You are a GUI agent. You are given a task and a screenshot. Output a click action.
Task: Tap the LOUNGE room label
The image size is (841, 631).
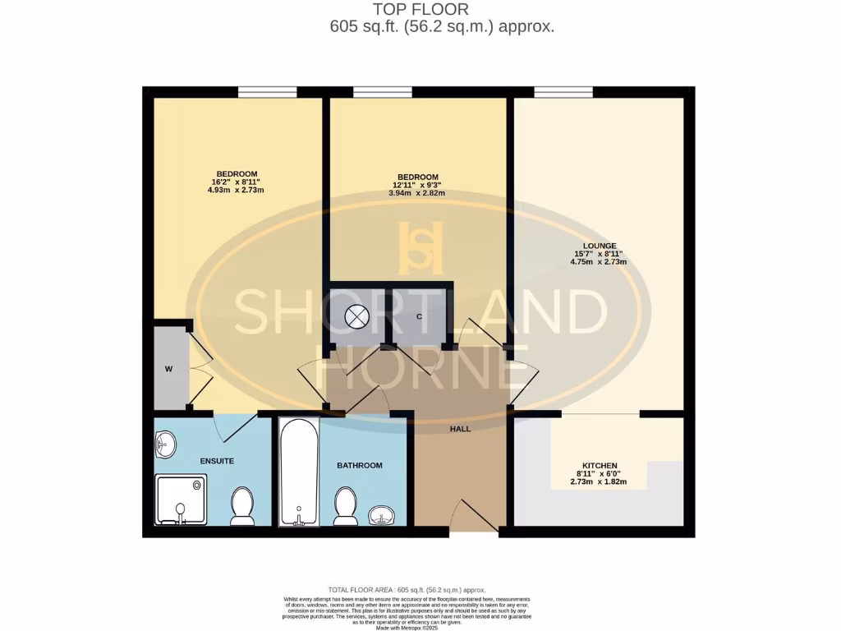point(599,246)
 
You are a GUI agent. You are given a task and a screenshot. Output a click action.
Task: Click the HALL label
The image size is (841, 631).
point(460,429)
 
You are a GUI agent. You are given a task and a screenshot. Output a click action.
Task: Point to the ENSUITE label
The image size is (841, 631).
point(216,461)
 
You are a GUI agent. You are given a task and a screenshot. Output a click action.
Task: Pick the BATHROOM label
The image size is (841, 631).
point(360,465)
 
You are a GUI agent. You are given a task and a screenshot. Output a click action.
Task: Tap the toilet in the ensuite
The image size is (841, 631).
point(242,505)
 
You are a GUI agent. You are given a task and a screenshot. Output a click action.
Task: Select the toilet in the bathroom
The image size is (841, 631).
point(346,505)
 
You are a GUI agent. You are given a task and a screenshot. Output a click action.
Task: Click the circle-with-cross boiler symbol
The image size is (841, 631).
point(358,316)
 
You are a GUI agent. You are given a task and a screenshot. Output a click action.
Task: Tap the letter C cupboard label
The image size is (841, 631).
point(419,316)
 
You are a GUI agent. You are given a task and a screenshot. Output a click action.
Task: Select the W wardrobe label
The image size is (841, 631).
point(168,369)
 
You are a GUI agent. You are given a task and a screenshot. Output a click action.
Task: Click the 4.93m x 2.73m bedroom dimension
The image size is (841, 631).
point(236,190)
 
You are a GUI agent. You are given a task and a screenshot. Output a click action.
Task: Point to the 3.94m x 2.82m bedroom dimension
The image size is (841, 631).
point(417,193)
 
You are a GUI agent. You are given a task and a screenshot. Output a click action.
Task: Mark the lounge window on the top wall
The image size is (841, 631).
point(563,91)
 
